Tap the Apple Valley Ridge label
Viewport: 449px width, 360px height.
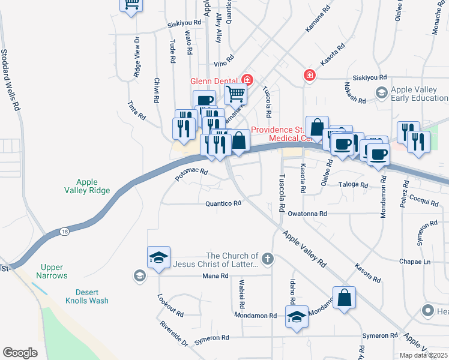coord(87,186)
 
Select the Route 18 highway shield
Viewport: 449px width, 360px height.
coord(64,232)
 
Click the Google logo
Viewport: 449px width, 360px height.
coord(20,352)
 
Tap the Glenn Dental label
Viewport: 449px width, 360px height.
coord(214,81)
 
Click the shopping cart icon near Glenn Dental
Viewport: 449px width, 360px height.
coord(235,94)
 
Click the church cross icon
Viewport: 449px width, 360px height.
coord(267,259)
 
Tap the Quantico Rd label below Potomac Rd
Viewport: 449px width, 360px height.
coord(223,203)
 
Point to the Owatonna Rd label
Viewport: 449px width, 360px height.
coord(307,213)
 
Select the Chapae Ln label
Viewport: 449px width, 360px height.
coord(415,262)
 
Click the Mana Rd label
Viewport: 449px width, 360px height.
coord(216,276)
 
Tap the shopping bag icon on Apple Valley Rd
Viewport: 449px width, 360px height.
coord(344,298)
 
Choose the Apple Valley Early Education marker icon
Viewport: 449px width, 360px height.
coord(381,93)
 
